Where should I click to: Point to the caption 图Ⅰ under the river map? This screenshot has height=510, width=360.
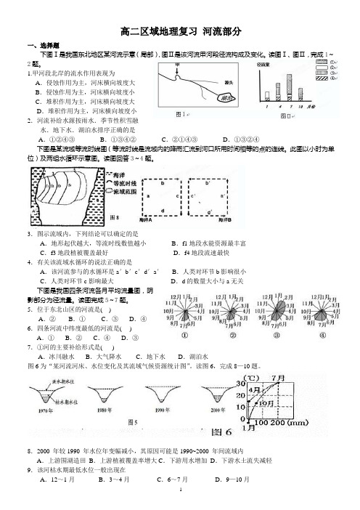(181, 114)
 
